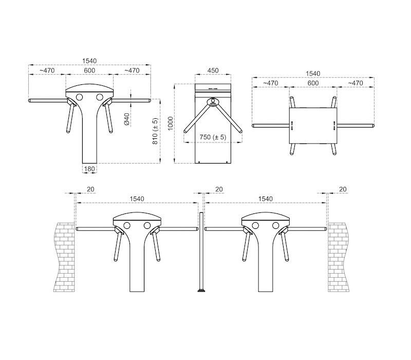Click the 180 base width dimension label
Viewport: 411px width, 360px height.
click(x=89, y=169)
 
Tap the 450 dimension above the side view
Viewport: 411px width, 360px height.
click(x=213, y=70)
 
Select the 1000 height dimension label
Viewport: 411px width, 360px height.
click(x=171, y=123)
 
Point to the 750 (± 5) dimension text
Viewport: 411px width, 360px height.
click(x=213, y=137)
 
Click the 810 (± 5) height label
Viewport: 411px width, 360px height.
click(x=155, y=131)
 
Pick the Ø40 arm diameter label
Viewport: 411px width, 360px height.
click(x=127, y=119)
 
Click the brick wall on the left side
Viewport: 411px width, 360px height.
click(x=64, y=257)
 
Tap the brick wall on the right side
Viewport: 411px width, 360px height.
click(x=339, y=257)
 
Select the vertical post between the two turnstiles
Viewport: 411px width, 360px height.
click(x=201, y=251)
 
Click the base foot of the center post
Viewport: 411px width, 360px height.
click(x=201, y=291)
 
